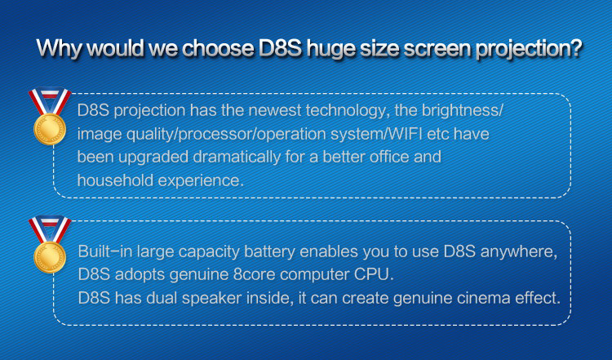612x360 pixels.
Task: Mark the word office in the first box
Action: (390, 157)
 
